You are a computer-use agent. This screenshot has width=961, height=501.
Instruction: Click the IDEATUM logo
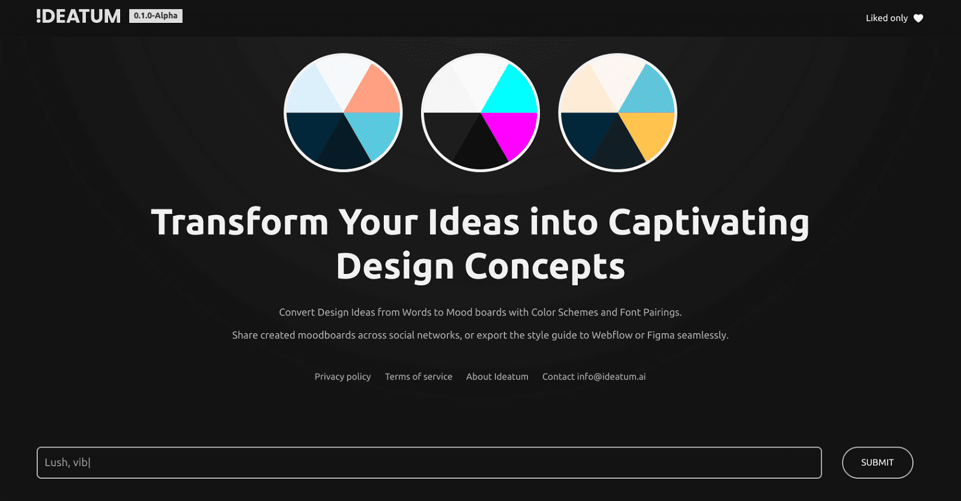(78, 16)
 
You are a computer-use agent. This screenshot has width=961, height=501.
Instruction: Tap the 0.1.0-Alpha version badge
(156, 16)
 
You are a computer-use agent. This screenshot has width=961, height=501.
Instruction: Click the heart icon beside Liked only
(918, 18)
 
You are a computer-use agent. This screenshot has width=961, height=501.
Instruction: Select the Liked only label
(887, 18)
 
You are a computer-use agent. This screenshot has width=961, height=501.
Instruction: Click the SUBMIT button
(877, 463)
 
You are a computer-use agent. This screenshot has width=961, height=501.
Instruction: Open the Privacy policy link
(342, 377)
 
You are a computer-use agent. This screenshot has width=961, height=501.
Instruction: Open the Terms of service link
(419, 377)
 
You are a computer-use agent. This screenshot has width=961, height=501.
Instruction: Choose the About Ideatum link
(497, 377)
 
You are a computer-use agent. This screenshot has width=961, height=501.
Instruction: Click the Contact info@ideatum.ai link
(594, 377)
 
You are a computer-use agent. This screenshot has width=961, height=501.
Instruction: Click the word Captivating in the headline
(709, 222)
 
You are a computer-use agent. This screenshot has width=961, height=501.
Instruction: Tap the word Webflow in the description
(612, 335)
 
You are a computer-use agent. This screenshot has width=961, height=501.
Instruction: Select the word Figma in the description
(661, 335)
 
